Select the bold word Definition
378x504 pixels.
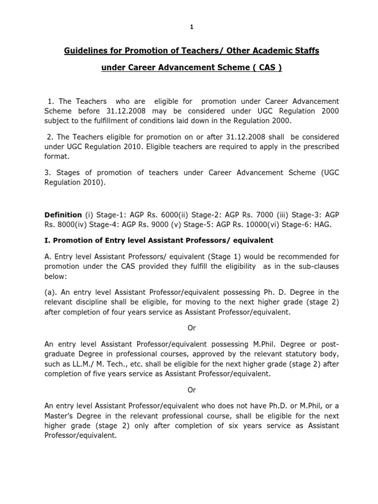pos(63,215)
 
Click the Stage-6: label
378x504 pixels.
pos(290,224)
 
